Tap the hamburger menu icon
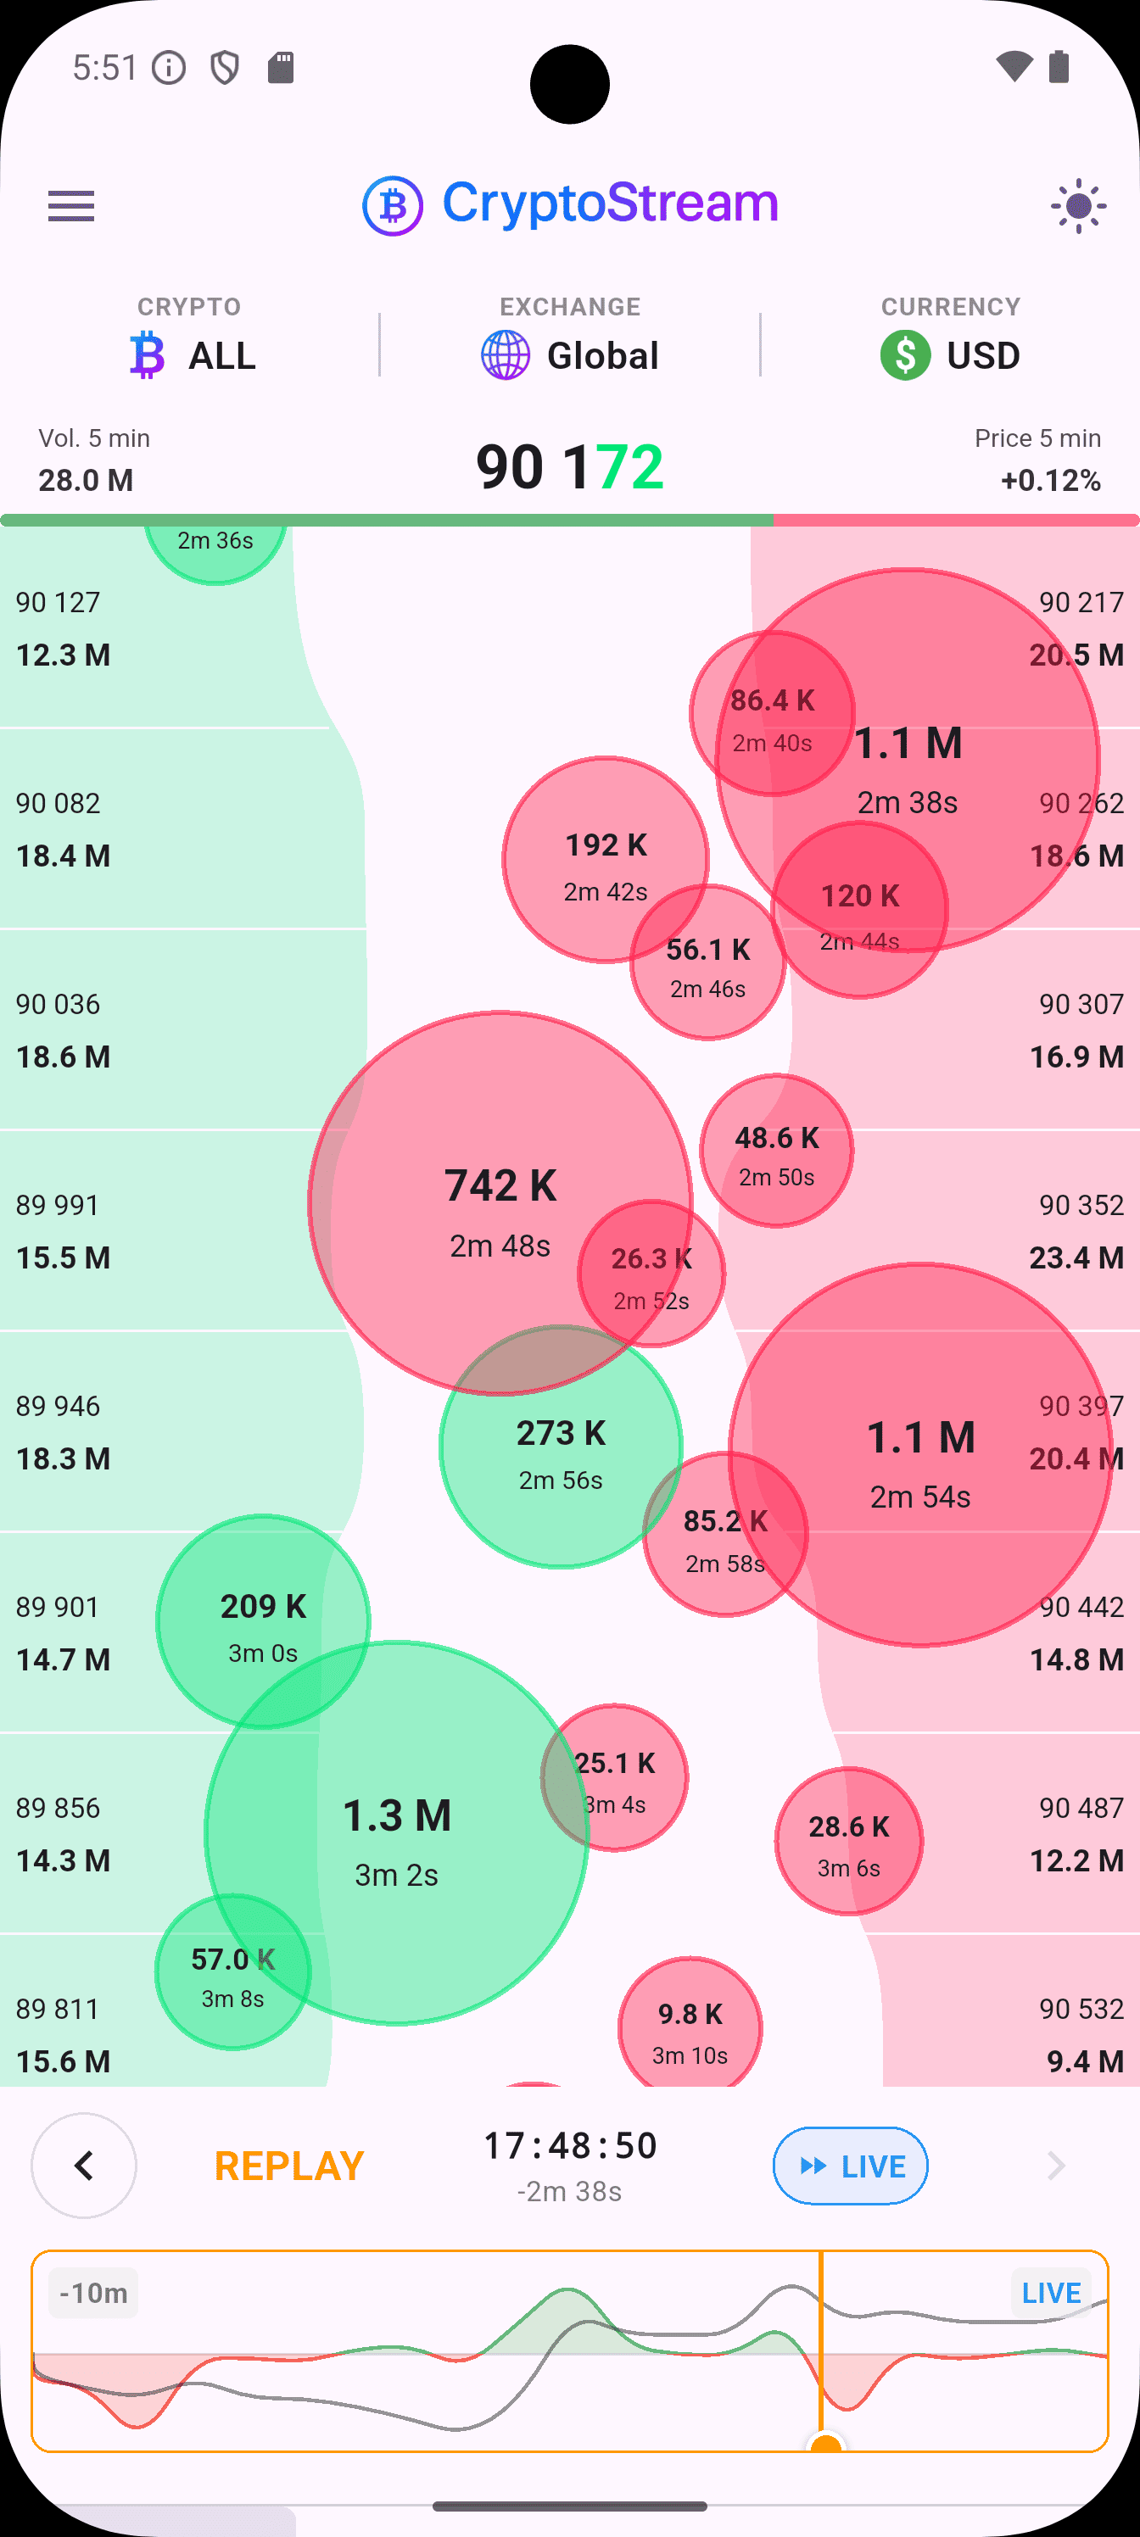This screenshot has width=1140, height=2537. coord(71,206)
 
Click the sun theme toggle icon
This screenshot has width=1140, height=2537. coord(1078,206)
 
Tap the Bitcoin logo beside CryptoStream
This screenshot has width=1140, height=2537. coord(392,206)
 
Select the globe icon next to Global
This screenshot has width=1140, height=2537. coord(506,355)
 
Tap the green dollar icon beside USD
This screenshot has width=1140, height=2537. coord(904,355)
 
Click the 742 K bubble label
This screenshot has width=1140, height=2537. coord(500,1185)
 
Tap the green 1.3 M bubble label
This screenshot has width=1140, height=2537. coord(396,1816)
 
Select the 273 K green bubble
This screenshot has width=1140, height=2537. coord(561,1447)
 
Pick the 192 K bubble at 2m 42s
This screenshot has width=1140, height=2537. coord(605,859)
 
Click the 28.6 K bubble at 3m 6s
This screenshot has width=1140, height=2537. coord(848,1841)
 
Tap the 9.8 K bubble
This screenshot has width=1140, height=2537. coord(690,2029)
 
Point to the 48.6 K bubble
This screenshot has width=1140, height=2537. coord(776,1151)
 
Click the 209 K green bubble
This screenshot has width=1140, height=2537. coord(263,1620)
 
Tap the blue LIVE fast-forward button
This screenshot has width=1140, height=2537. coord(850,2166)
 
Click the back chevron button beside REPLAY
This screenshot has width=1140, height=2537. coord(84,2166)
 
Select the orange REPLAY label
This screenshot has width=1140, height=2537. coord(288,2166)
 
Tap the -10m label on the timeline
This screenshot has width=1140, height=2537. coord(93,2294)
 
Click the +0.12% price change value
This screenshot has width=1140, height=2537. coord(1050,481)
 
